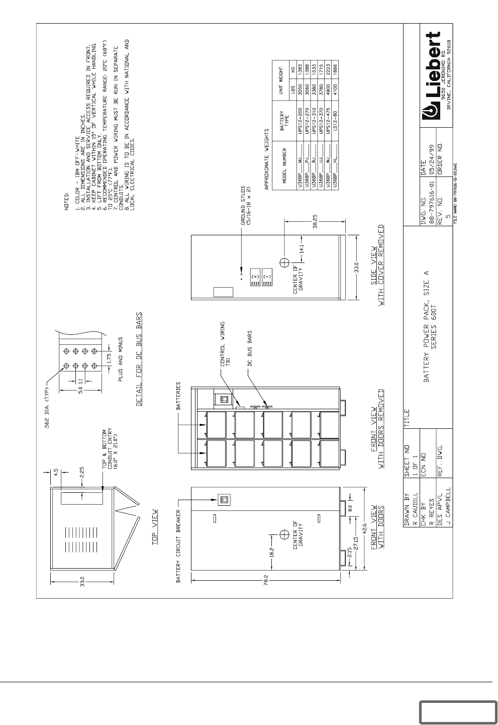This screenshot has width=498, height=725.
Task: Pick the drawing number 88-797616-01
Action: click(432, 209)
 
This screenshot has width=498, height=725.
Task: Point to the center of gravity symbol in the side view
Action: click(284, 262)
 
